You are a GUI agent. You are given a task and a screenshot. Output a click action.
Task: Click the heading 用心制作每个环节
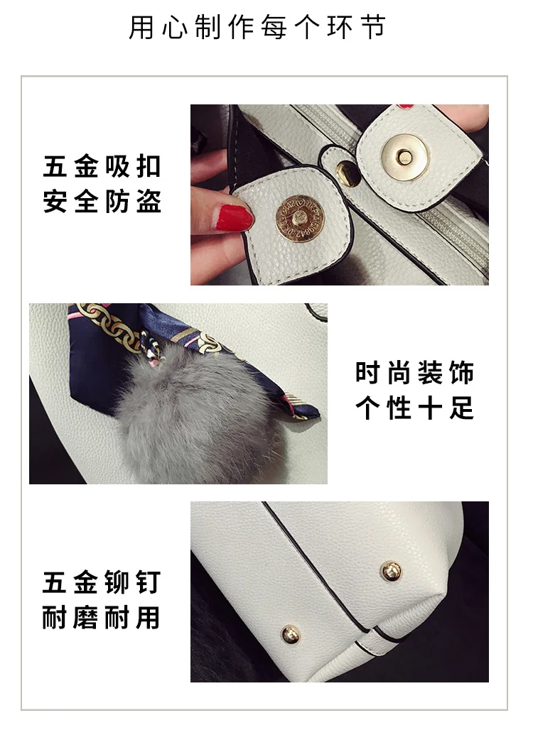click(257, 27)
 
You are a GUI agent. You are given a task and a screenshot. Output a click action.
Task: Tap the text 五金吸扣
click(102, 166)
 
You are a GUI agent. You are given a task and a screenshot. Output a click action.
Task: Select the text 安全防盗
click(102, 201)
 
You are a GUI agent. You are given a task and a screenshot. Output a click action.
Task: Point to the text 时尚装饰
click(415, 373)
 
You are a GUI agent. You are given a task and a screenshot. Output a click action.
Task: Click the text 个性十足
click(415, 408)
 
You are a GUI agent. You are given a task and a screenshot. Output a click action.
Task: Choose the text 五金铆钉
click(102, 582)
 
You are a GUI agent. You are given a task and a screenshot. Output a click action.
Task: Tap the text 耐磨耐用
click(102, 617)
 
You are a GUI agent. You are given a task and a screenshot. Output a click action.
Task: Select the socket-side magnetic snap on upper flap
click(404, 157)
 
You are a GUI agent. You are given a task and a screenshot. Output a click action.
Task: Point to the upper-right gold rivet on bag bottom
click(390, 571)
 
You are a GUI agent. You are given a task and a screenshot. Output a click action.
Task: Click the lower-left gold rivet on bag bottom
click(291, 635)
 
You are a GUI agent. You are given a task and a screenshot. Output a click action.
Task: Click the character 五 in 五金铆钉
click(55, 582)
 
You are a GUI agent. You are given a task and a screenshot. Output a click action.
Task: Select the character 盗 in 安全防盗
click(149, 201)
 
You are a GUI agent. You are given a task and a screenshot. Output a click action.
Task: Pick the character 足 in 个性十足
click(462, 408)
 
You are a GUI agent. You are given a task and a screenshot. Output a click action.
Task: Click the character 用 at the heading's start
click(141, 27)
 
